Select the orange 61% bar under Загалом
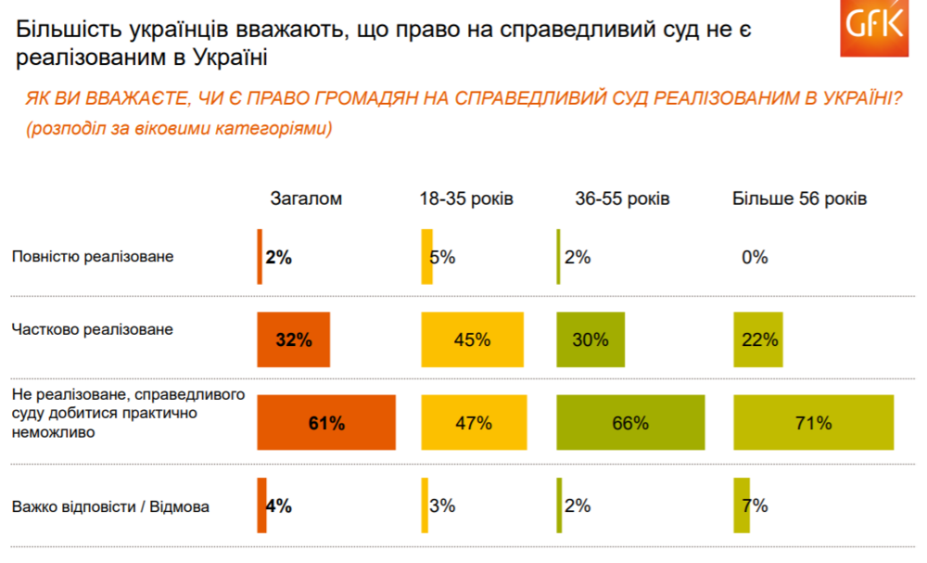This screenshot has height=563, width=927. tap(326, 424)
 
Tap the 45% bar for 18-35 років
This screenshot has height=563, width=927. tap(472, 339)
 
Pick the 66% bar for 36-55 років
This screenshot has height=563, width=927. tap(629, 424)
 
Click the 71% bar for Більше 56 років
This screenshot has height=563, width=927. tap(813, 424)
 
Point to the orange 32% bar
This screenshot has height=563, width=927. tap(294, 339)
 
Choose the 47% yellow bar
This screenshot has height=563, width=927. tap(474, 424)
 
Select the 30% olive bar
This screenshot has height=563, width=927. tap(590, 339)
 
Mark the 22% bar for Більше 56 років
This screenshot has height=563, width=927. tap(757, 339)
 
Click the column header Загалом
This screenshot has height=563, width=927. tap(306, 199)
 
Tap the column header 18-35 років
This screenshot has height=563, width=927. tap(465, 199)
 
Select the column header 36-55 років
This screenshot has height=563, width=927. tap(622, 199)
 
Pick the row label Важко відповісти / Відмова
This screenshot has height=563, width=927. tap(111, 506)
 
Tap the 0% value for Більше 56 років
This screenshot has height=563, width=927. tap(755, 257)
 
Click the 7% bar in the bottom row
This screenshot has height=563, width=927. tap(742, 505)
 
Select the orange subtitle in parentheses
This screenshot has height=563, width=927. tap(180, 128)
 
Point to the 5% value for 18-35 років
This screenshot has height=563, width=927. tap(442, 257)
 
